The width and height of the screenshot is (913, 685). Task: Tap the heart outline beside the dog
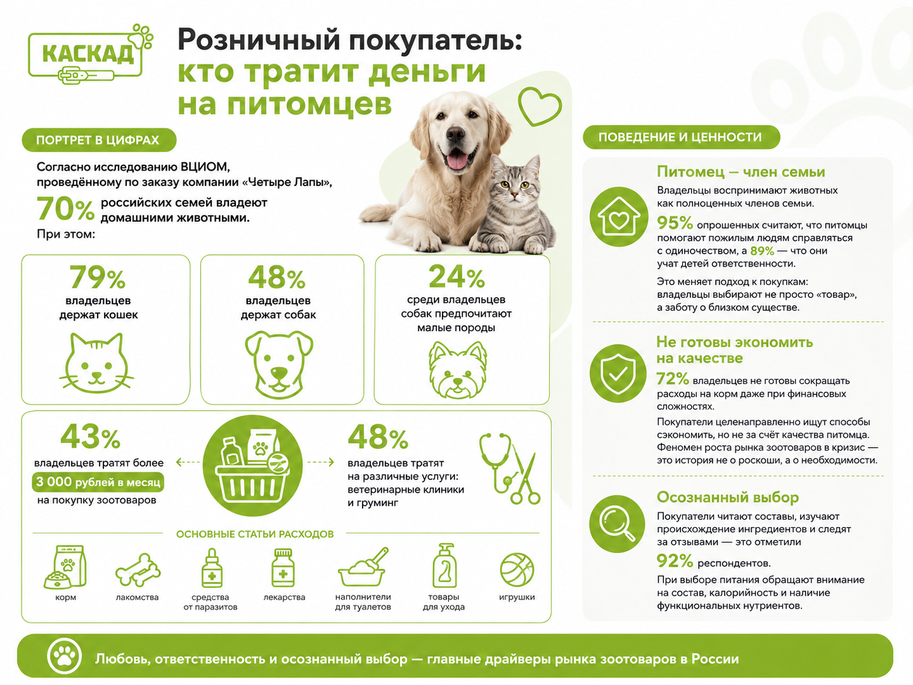click(x=540, y=106)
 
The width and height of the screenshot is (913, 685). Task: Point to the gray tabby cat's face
click(x=514, y=186)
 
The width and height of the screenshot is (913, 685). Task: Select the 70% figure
click(x=66, y=208)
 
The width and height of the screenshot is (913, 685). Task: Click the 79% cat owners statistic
click(x=98, y=278)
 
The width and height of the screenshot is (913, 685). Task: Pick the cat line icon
click(x=96, y=363)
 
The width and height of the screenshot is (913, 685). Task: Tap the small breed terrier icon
click(x=458, y=370)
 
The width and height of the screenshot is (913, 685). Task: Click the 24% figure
click(x=456, y=276)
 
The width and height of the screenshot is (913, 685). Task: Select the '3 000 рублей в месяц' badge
click(x=98, y=482)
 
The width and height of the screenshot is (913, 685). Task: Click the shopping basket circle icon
click(x=252, y=466)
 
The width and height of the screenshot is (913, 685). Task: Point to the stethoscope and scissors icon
click(x=509, y=469)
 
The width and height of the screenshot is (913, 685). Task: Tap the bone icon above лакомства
click(x=137, y=570)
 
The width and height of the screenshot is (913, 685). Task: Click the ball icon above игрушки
click(x=517, y=570)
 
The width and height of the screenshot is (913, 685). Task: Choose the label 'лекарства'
click(x=284, y=597)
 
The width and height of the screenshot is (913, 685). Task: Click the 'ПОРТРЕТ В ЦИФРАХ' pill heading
click(x=99, y=140)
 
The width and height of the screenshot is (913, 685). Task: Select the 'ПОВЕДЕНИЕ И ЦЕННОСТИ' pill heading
click(x=681, y=138)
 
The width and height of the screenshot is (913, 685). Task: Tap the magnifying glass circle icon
click(x=617, y=524)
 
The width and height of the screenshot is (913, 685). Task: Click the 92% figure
click(x=675, y=561)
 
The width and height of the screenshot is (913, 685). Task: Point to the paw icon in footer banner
click(x=64, y=657)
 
